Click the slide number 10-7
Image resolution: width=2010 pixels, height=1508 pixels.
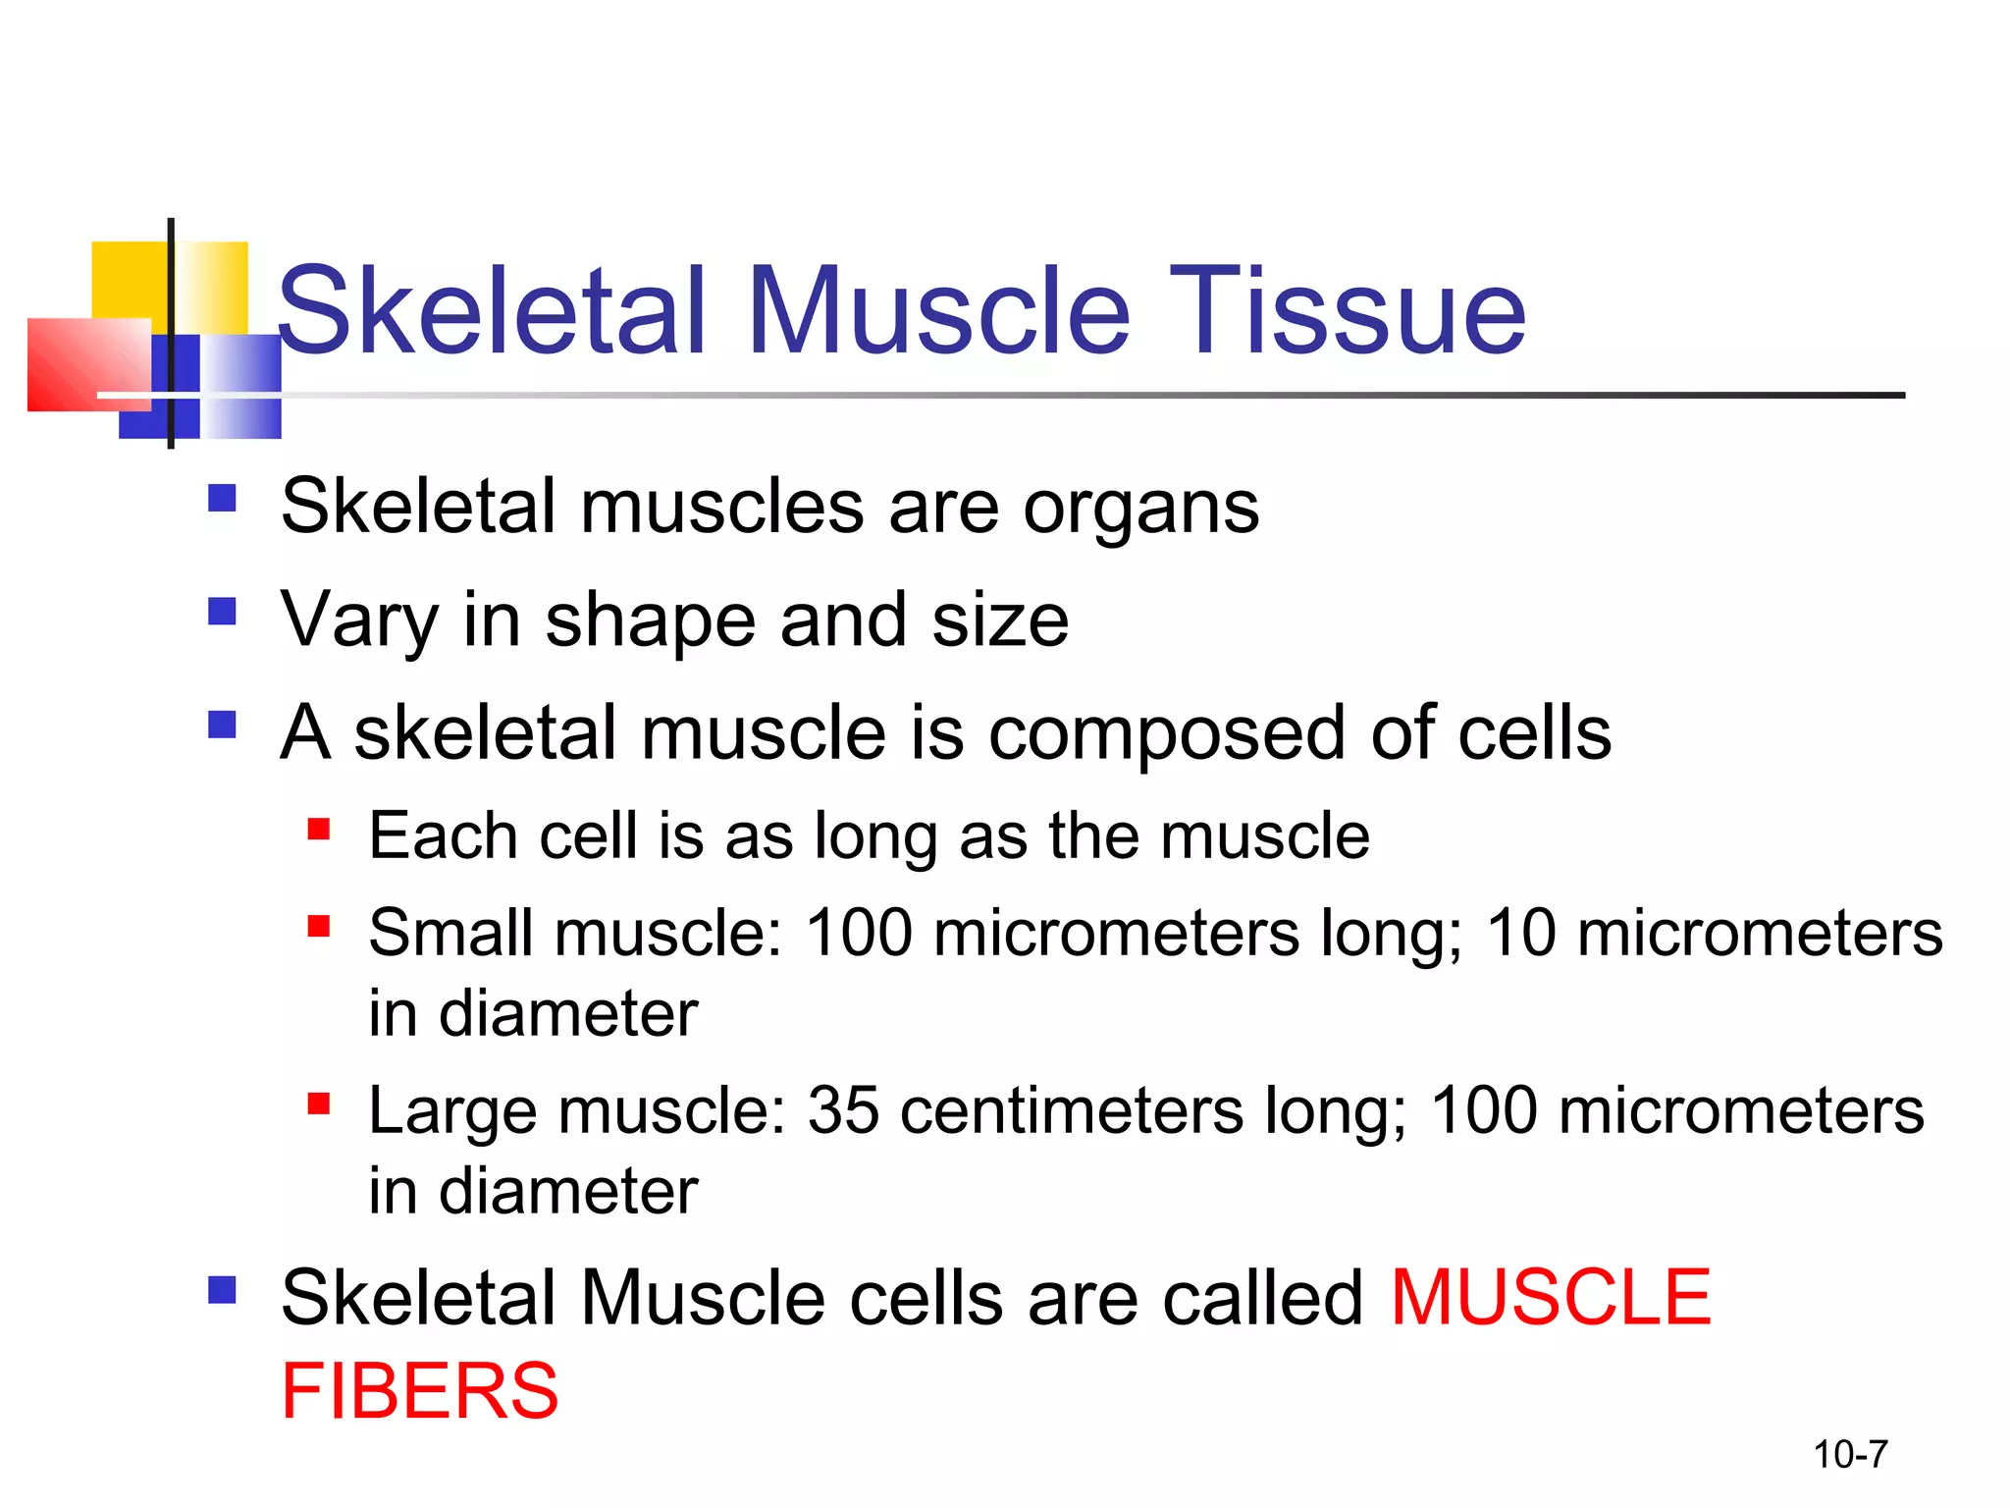tap(1849, 1454)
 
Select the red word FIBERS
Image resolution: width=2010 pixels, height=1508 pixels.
tap(420, 1391)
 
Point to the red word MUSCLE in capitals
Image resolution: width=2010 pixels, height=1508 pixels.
tap(1551, 1298)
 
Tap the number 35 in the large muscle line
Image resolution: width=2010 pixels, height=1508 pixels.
tap(842, 1111)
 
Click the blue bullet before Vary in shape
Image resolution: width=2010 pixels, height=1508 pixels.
tap(223, 612)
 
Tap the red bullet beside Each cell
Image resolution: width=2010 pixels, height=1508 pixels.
tap(318, 830)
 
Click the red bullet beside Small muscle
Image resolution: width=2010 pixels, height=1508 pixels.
tap(318, 926)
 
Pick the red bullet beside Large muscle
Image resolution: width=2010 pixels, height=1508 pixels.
tap(318, 1104)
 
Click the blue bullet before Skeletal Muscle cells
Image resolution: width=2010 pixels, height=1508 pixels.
tap(223, 1289)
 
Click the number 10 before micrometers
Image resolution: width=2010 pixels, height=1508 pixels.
tap(1520, 933)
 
